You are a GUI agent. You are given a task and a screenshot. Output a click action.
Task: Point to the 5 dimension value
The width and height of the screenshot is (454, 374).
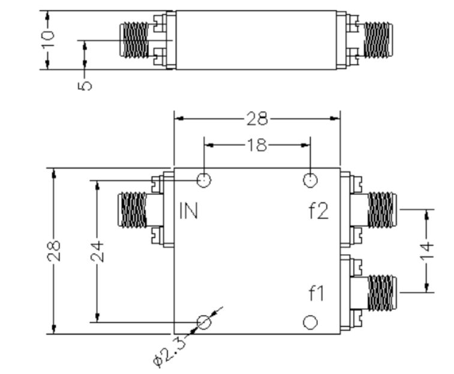pos(85,86)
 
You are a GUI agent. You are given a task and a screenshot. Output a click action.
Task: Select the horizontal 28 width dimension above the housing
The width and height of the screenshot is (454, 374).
pos(257,119)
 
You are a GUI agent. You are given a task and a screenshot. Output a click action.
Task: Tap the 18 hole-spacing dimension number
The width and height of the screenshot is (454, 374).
pos(257,145)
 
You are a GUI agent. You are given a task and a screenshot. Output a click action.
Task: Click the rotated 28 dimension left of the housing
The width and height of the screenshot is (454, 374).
pos(54,251)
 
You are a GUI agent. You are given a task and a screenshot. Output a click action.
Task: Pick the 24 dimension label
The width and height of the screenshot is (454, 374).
pos(97,251)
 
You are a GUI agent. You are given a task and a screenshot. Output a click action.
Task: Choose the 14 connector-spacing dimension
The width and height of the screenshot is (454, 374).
pos(427,251)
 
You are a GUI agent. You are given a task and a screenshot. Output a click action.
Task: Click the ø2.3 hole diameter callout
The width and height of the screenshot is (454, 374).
pos(169,352)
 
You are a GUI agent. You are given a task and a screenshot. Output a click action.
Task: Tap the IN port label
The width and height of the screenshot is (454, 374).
pos(188,211)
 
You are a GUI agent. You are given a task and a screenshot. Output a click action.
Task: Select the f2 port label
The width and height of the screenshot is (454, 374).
pos(318,211)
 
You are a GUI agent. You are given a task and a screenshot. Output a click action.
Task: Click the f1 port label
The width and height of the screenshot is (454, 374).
pos(317,293)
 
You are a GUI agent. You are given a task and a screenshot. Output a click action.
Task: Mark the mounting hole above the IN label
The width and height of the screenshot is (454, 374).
pos(204,180)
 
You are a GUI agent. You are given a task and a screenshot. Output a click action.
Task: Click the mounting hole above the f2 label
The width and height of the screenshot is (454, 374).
pos(311,180)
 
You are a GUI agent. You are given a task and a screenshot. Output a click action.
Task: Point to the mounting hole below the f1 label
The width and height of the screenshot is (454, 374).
pos(311,322)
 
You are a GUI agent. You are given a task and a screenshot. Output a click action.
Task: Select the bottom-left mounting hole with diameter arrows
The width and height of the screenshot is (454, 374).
pos(204,322)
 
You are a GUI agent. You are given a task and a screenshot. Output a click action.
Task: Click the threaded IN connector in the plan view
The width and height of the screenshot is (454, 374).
pos(133,209)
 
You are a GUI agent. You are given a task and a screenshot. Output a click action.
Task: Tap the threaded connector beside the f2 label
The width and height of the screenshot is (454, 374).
pos(382,210)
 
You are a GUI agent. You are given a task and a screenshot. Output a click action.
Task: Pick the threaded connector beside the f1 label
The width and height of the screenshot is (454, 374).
pos(382,292)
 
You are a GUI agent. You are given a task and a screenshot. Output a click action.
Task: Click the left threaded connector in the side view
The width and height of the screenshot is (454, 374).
pos(134,40)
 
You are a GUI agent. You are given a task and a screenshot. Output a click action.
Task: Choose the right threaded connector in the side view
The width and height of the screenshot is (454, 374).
pos(378,40)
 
